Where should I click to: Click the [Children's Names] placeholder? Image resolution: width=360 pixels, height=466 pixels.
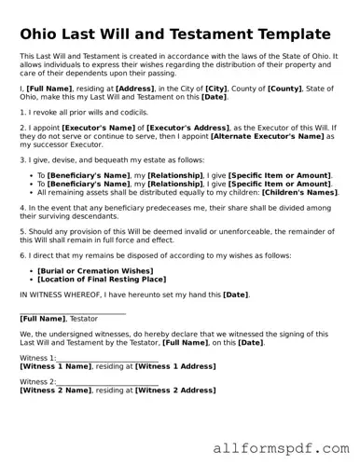click(x=299, y=192)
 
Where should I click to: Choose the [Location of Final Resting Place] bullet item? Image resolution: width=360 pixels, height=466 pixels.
click(x=102, y=278)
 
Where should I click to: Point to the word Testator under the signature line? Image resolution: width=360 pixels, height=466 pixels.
click(x=81, y=319)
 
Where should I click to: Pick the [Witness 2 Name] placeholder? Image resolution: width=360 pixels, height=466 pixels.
click(x=55, y=391)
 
